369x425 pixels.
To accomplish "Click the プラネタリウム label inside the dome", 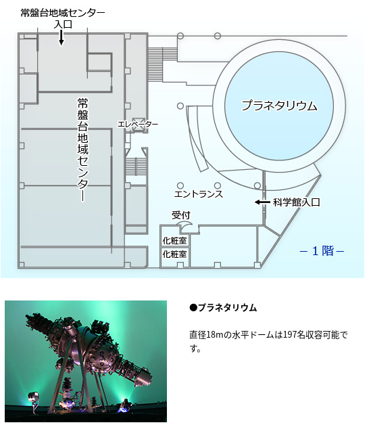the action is [x=279, y=106].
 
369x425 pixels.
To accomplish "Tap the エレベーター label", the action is [x=138, y=125].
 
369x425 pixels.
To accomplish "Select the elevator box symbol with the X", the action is [x=139, y=125].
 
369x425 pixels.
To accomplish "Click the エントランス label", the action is [x=199, y=194].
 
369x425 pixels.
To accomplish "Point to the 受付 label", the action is [x=181, y=215].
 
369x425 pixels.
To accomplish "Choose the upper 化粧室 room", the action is [x=174, y=240].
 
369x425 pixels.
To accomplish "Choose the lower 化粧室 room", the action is [x=174, y=254].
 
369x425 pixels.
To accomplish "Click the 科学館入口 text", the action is [x=297, y=202].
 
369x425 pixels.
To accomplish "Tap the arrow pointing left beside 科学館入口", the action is [x=262, y=202].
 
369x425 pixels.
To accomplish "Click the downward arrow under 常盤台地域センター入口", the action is [x=62, y=37].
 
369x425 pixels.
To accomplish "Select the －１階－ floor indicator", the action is [x=322, y=251].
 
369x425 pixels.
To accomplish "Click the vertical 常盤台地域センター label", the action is [x=83, y=150].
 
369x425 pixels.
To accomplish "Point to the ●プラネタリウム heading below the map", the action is [x=223, y=308].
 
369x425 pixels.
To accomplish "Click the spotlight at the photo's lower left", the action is [x=34, y=397].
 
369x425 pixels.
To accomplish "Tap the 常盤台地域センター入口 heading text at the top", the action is [x=63, y=18].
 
